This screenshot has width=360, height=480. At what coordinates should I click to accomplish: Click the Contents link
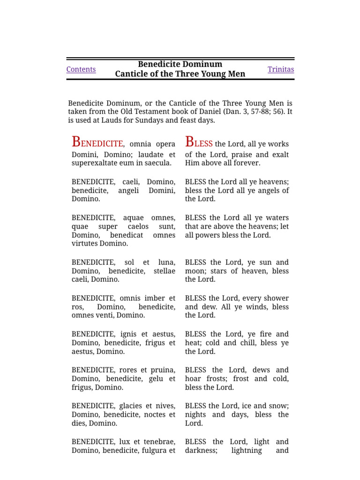coord(81,69)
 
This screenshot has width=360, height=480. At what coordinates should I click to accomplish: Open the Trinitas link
coord(281,69)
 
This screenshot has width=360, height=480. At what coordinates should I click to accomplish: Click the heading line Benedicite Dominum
coord(180,64)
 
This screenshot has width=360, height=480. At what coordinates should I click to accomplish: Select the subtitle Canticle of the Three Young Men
coord(180,74)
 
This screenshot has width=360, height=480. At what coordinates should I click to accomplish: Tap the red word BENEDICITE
coord(97,142)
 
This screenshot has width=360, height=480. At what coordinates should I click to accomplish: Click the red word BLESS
coord(199,142)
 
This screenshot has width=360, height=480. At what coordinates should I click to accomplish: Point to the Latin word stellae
coord(165,271)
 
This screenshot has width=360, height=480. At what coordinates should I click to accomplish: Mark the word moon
coord(195,271)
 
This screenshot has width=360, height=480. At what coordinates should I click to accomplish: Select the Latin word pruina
coord(163,370)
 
